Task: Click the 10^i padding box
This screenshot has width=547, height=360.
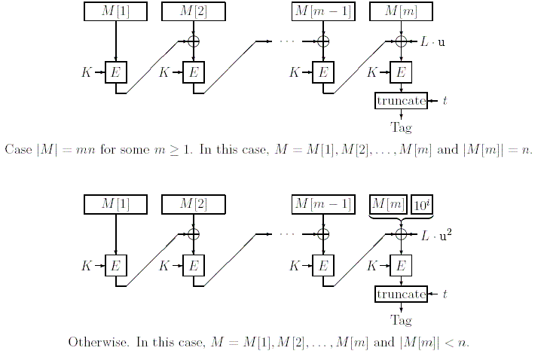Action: pos(421,204)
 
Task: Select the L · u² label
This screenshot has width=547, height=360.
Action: pos(436,235)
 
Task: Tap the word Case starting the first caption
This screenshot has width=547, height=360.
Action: pos(18,148)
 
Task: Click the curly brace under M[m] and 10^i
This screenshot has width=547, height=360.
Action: pos(400,218)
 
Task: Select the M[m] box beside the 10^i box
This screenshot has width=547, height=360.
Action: pos(389,204)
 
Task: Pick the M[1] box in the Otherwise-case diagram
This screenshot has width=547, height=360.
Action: pos(115,204)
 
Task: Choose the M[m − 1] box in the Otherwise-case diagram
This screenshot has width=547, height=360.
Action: pos(323,204)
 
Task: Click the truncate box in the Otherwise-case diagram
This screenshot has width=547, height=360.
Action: pos(401,294)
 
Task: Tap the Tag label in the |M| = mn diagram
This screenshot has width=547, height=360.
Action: pos(401,127)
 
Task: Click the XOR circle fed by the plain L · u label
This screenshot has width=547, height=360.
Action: pos(401,41)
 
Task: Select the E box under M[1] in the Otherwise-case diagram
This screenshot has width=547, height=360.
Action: pos(115,266)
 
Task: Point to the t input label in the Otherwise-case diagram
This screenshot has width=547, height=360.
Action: pos(445,294)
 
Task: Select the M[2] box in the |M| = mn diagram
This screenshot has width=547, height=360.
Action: pos(194,12)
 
